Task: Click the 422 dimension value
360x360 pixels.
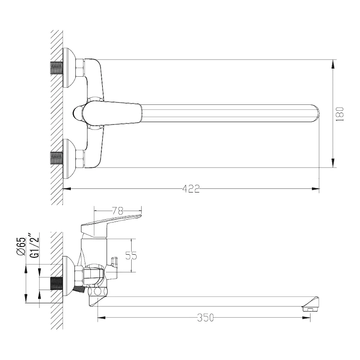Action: (191, 189)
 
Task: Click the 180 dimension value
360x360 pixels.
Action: (340, 114)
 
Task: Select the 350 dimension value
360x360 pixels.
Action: (205, 318)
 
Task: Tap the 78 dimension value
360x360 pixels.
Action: (118, 211)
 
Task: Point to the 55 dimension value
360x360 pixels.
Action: (131, 256)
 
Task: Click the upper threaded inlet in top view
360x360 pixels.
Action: (57, 68)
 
